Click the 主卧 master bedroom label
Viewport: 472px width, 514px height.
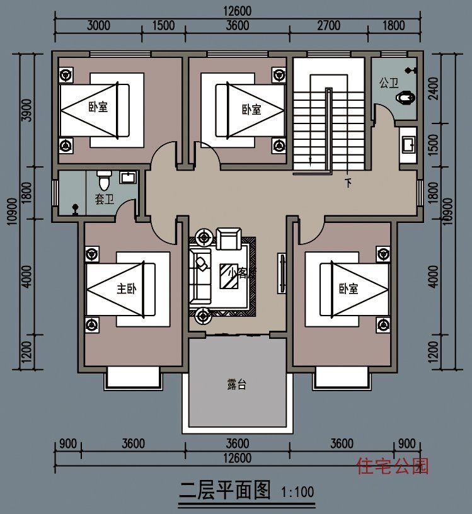(127, 288)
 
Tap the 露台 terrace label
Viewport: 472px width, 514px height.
(237, 384)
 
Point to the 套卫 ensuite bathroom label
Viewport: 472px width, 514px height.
(104, 199)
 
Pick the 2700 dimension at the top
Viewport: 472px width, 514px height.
(328, 25)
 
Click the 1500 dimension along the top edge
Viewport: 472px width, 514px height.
(163, 25)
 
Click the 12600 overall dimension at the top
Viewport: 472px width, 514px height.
(237, 11)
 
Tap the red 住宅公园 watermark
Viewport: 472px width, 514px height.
(393, 466)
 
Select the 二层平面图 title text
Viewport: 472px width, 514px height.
(224, 489)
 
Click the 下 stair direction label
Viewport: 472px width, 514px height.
(348, 183)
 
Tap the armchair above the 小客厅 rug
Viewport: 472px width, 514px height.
(227, 239)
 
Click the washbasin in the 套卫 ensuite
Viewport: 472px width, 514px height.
(128, 177)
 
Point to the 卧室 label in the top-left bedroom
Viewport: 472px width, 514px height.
(98, 107)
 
